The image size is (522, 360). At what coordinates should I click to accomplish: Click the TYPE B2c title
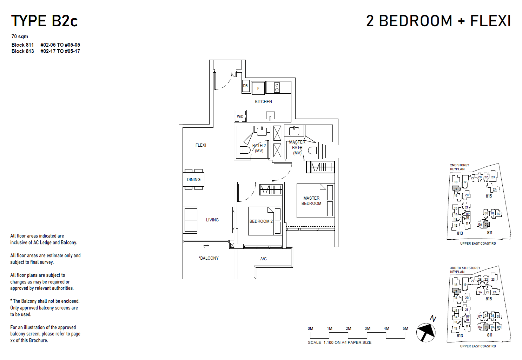click(44, 21)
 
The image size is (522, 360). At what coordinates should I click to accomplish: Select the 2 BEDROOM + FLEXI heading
click(438, 21)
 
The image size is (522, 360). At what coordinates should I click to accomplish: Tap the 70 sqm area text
click(20, 36)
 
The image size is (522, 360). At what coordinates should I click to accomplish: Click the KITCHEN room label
click(263, 102)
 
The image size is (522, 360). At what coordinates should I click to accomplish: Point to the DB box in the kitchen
click(245, 86)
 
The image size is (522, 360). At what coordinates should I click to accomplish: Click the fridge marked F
click(258, 88)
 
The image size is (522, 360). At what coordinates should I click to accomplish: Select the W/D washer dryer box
click(240, 116)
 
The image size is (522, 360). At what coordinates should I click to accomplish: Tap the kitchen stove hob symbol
click(277, 87)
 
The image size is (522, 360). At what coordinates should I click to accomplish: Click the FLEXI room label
click(201, 145)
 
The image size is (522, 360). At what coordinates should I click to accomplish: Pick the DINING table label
click(193, 180)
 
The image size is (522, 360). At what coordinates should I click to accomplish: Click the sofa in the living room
click(191, 220)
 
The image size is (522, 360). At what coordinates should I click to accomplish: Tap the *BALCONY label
click(209, 258)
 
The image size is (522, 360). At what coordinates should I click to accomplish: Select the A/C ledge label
click(263, 259)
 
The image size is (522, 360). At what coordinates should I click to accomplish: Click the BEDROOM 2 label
click(261, 221)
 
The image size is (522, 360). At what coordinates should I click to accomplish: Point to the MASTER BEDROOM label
click(311, 201)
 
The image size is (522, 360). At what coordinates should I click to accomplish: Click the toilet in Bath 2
click(245, 150)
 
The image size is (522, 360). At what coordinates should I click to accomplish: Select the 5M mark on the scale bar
click(405, 329)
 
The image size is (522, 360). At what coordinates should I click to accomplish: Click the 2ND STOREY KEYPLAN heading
click(460, 167)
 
